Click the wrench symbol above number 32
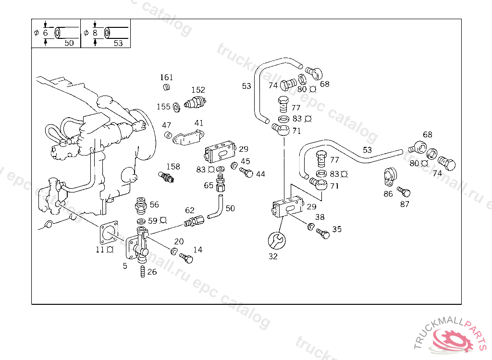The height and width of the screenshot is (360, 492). click(277, 240)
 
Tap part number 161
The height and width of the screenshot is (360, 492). click(166, 77)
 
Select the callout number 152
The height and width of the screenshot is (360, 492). click(198, 90)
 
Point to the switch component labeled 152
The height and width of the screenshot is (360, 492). click(195, 103)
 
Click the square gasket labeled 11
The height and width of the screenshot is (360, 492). click(109, 232)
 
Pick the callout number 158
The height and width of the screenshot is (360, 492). click(173, 167)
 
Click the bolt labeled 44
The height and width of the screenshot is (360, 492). click(246, 172)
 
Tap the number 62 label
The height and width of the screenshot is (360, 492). click(189, 210)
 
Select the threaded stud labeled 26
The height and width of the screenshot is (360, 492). click(142, 271)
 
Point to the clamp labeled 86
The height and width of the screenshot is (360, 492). click(390, 177)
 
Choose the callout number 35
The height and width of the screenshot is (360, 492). click(337, 229)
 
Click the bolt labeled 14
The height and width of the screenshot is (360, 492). click(186, 258)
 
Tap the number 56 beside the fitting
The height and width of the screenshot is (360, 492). click(154, 205)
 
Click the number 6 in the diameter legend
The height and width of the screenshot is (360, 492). click(46, 33)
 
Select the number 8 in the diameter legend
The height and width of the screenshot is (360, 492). click(95, 33)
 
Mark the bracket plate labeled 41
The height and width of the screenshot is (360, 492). click(188, 138)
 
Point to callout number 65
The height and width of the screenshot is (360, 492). click(209, 185)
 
